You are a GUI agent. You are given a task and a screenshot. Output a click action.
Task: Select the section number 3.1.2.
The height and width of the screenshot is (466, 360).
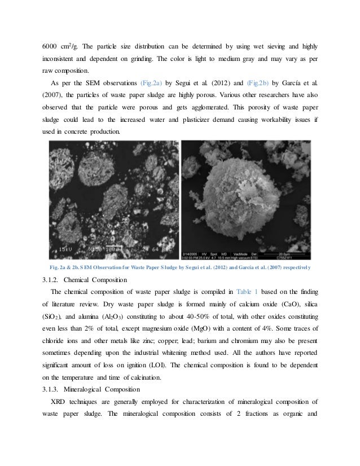[54, 280]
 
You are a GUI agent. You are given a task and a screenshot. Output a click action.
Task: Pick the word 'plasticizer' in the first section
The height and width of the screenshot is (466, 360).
[188, 120]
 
